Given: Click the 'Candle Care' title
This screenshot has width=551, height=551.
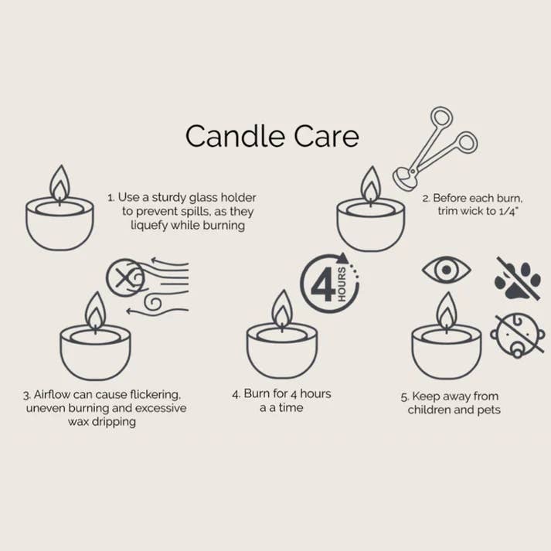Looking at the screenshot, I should point(272,136).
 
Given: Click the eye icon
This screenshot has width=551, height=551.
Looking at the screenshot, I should point(446,270).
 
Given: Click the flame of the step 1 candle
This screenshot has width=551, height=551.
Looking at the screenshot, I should point(60,185).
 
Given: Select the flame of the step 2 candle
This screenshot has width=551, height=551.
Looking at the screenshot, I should point(371,185).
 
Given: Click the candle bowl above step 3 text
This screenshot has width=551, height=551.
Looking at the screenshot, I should point(95,352).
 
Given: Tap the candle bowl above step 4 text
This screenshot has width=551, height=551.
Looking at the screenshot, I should point(282,352).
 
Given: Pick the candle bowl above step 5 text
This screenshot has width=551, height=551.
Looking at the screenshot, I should point(447,352).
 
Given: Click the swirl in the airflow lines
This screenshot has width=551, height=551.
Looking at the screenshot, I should point(152,298).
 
